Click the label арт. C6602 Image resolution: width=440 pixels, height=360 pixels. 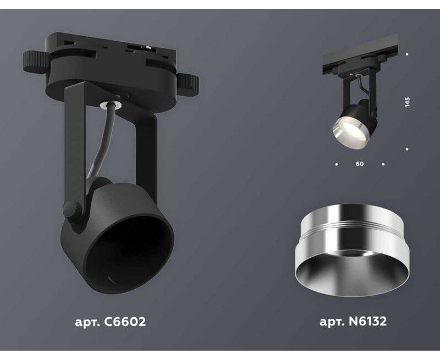pyautogui.click(x=111, y=322)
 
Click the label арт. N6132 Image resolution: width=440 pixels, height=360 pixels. pyautogui.click(x=353, y=321)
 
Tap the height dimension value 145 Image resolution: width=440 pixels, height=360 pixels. pyautogui.click(x=407, y=102)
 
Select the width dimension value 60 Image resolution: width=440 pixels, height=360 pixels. pyautogui.click(x=360, y=164)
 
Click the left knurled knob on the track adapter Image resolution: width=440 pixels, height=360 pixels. pyautogui.click(x=35, y=62)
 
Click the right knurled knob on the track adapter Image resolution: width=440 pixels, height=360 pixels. pyautogui.click(x=188, y=85)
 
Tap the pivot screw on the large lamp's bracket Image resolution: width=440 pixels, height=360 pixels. pyautogui.click(x=73, y=209)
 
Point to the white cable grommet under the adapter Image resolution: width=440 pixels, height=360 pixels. pyautogui.click(x=111, y=104)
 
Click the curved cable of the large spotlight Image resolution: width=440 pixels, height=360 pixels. pyautogui.click(x=101, y=142)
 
